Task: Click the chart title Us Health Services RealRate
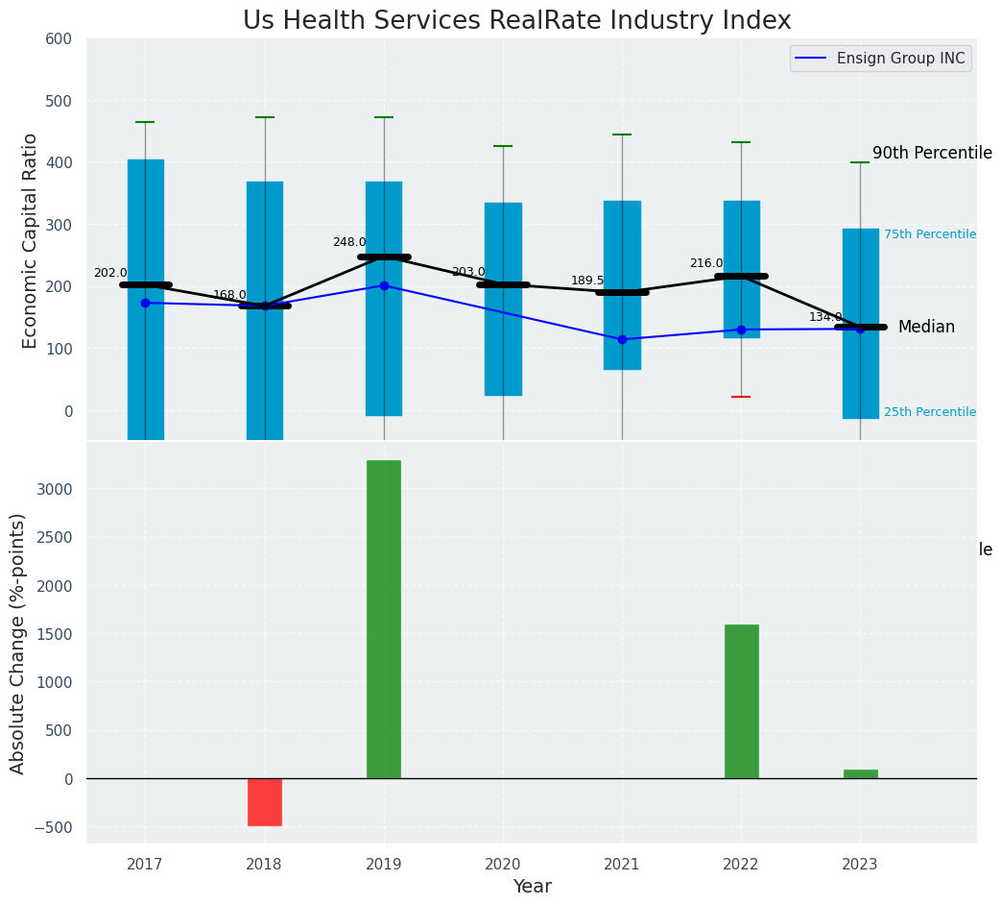coord(516,21)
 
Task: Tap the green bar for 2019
coord(384,619)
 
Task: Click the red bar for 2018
coord(265,802)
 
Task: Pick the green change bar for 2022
coord(741,701)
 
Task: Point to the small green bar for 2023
coord(860,774)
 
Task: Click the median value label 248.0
coord(349,243)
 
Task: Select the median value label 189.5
coord(587,281)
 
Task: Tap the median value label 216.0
coord(706,264)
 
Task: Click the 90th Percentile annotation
coord(931,154)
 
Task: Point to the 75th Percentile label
coord(929,234)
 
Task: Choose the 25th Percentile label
coord(929,412)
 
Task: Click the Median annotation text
coord(926,328)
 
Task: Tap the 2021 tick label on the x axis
coord(622,865)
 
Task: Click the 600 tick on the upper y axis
coord(59,39)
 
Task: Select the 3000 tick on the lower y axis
coord(52,489)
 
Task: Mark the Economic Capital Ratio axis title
coord(31,240)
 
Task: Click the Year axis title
coord(532,887)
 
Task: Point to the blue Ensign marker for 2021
coord(622,339)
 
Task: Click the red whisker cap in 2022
coord(741,397)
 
